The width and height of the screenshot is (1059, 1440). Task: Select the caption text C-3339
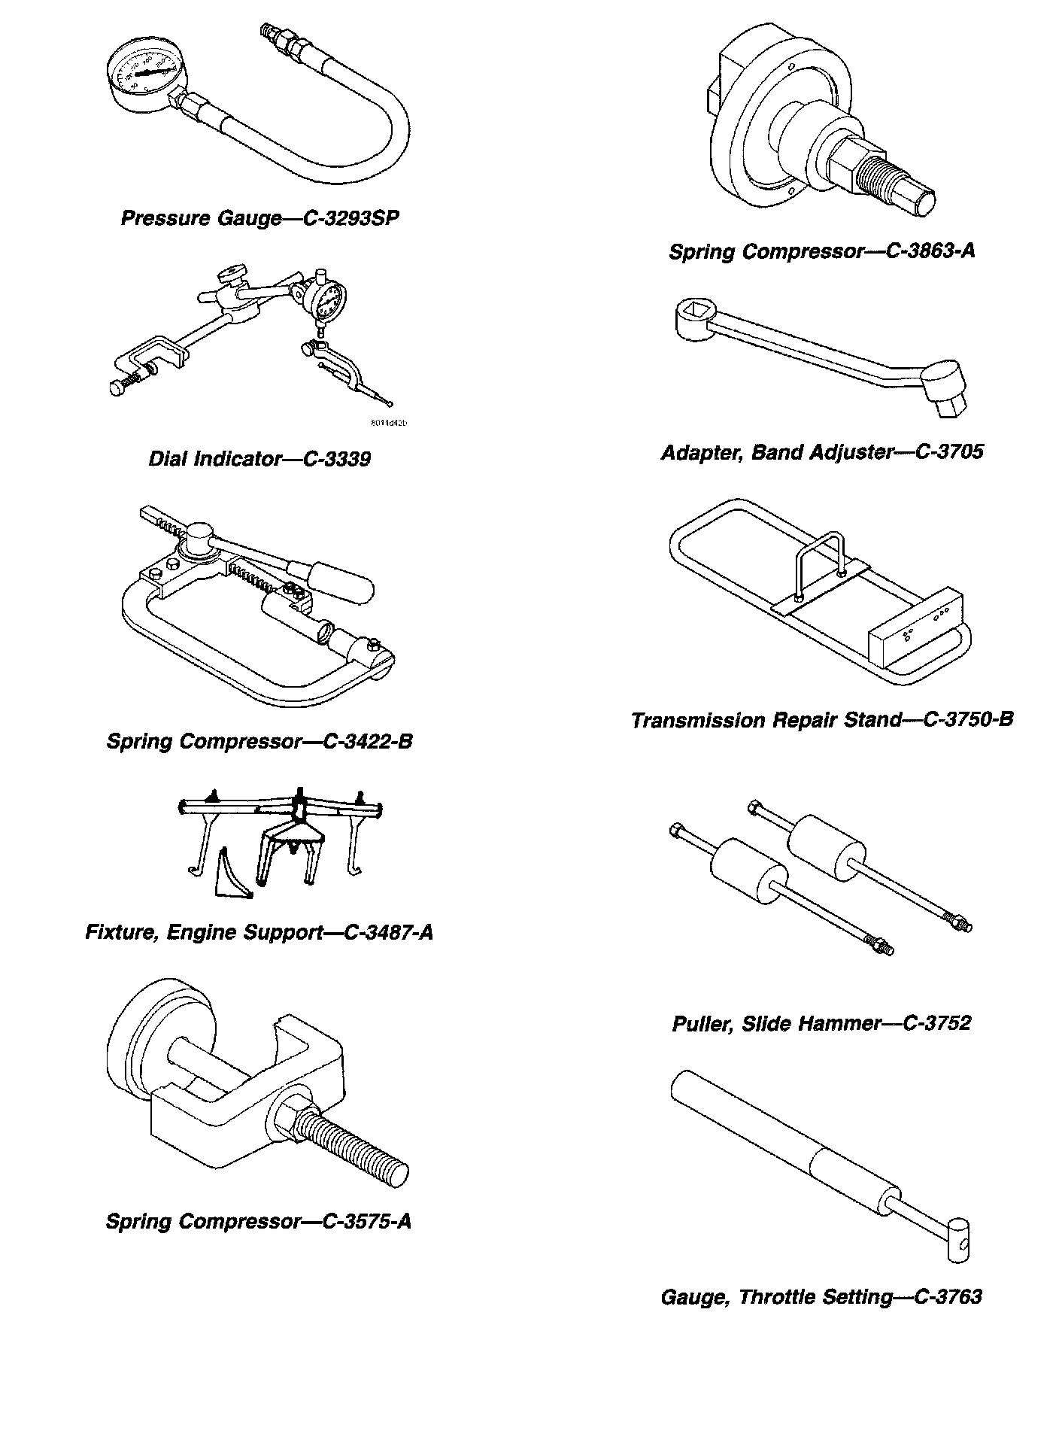point(336,459)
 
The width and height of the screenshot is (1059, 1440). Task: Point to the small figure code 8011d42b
point(389,423)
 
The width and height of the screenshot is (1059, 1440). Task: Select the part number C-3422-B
point(368,742)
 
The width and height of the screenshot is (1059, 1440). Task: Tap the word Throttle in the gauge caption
point(774,1297)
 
